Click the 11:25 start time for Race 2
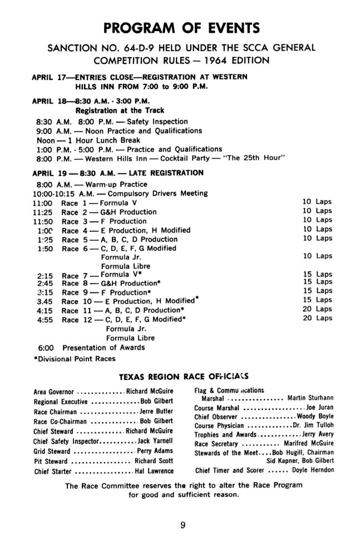coord(43,212)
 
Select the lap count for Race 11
coord(317,309)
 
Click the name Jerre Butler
coord(156,411)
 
